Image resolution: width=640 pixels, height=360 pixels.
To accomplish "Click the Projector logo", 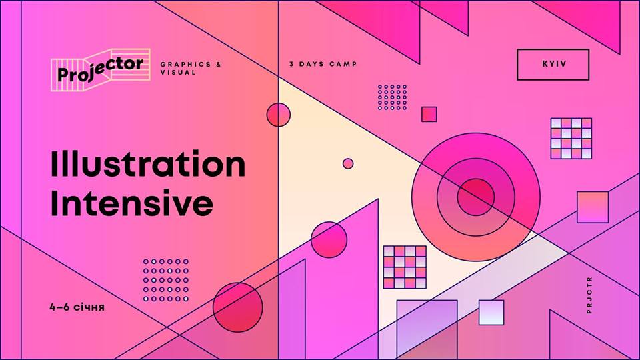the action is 101,70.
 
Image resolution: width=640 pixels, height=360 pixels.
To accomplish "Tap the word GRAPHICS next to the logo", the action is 186,65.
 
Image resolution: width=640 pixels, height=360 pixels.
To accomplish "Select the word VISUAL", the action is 178,73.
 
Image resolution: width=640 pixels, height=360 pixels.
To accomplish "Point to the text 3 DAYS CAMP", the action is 323,64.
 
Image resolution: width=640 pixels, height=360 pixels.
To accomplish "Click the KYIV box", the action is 553,65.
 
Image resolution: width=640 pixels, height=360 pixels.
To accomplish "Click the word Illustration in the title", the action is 148,164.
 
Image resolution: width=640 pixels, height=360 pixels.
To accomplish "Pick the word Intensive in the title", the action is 132,203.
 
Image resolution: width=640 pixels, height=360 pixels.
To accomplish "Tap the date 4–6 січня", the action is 77,307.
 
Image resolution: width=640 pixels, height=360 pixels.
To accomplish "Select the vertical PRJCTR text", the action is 589,295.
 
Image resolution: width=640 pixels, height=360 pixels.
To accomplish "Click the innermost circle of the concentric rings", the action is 476,197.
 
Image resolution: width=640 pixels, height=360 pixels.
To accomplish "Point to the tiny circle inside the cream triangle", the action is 348,164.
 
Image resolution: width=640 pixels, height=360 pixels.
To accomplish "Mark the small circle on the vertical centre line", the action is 279,115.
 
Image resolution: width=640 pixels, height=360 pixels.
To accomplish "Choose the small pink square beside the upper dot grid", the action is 429,114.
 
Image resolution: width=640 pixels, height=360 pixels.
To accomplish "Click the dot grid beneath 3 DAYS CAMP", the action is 392,97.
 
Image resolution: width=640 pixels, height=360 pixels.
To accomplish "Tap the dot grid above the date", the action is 166,280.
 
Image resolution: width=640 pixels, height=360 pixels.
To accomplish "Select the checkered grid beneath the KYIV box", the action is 571,139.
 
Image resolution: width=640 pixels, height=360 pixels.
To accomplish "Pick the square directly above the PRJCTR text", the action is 593,207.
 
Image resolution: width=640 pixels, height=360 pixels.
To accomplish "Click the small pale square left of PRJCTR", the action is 491,312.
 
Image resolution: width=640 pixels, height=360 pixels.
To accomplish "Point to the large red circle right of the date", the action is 238,307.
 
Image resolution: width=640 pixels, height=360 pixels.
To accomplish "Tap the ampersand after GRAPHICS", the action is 219,65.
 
